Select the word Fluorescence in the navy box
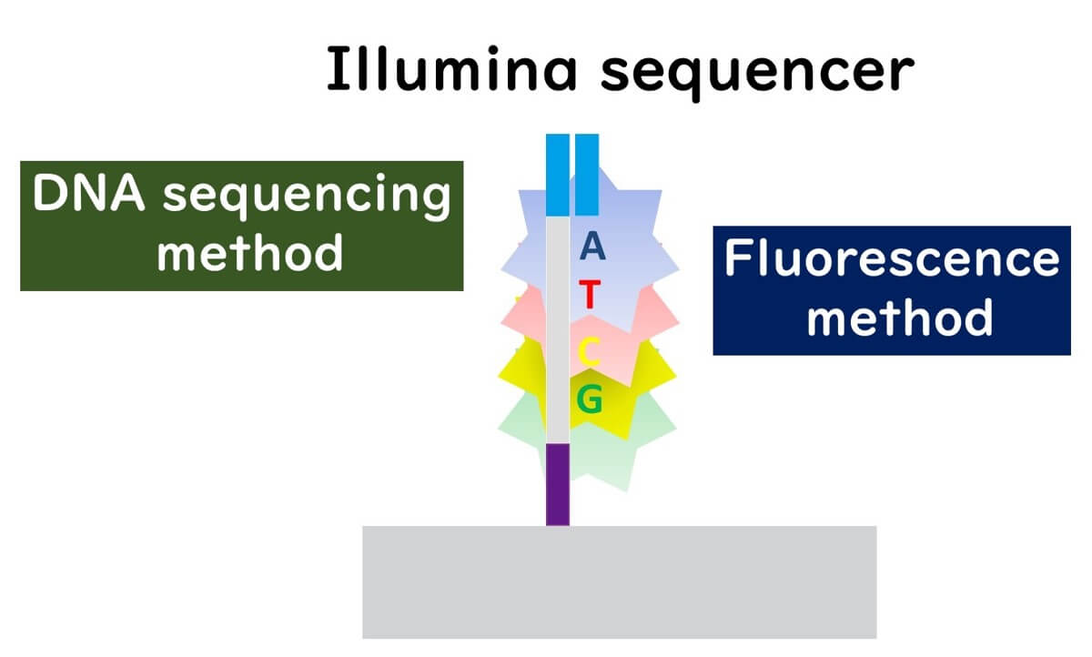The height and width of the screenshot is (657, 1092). click(892, 260)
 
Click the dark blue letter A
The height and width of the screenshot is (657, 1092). click(591, 247)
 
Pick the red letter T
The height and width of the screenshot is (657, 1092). click(590, 296)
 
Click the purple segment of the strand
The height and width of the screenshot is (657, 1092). click(557, 483)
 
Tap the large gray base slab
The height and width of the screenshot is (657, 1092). click(619, 581)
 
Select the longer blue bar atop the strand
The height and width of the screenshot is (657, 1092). click(557, 174)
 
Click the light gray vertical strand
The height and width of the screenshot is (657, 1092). click(557, 328)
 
